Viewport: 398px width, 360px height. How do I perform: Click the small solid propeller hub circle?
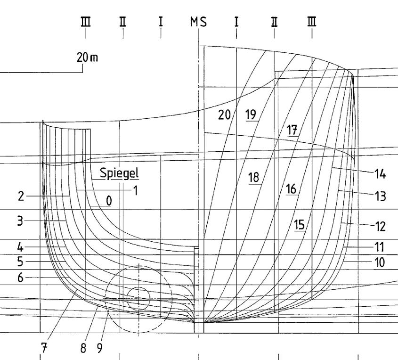click(x=138, y=298)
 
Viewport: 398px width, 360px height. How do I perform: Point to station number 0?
click(x=109, y=201)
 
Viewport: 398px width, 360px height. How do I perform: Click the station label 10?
click(x=380, y=262)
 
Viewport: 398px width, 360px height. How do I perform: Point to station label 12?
click(x=380, y=227)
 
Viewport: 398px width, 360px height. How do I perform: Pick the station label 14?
click(x=380, y=174)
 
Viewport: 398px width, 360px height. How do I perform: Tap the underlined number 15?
click(x=299, y=224)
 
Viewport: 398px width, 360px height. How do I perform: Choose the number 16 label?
click(x=291, y=189)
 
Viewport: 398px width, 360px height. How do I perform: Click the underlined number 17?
click(x=292, y=131)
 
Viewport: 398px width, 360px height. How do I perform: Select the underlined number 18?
click(x=254, y=177)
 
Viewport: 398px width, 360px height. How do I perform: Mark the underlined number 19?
click(x=251, y=114)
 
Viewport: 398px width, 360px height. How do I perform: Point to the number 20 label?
click(x=224, y=114)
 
